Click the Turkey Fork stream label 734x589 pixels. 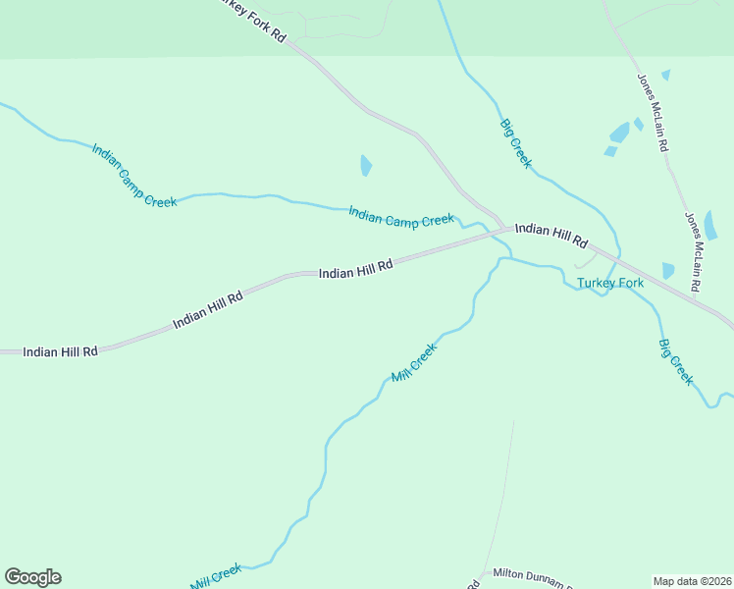pos(609,284)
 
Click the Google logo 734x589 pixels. pos(32,577)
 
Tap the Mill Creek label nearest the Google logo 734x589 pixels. pos(216,576)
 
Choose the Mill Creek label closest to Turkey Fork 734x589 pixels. pos(413,363)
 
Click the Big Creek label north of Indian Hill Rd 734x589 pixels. pos(515,143)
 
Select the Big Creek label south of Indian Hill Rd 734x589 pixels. pos(676,361)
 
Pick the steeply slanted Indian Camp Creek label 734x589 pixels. pos(133,176)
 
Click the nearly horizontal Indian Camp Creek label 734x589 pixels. pos(401,216)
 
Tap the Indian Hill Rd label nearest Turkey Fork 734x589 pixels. pos(550,235)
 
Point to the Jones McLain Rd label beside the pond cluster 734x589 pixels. pos(653,112)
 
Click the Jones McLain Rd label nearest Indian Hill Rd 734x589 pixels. pos(692,251)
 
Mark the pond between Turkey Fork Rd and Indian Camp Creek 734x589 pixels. pos(366,165)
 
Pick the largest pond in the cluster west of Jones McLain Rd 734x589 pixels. pos(620,133)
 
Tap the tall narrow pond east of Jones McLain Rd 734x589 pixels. pos(710,226)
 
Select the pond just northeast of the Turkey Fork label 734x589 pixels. pos(668,270)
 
